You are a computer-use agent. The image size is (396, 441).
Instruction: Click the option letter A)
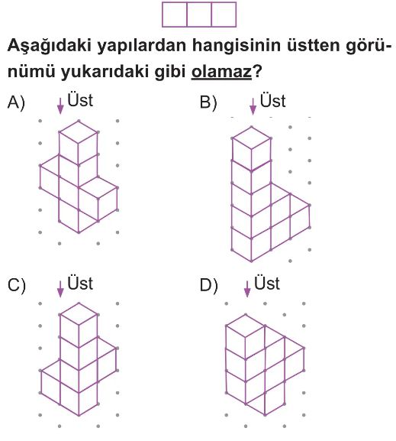click(16, 102)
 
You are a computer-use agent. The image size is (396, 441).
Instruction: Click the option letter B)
click(208, 102)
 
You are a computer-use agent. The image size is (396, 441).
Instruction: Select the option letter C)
click(16, 285)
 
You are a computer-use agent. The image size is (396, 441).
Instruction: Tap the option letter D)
click(208, 285)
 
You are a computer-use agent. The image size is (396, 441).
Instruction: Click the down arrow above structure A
click(60, 106)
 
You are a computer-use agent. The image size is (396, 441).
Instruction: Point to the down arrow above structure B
click(253, 106)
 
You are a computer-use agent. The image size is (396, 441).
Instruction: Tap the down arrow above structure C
click(60, 289)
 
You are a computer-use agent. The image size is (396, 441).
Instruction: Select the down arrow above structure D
click(247, 289)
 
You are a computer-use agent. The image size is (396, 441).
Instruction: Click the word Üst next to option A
click(80, 99)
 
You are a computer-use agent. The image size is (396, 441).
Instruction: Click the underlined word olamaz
click(221, 71)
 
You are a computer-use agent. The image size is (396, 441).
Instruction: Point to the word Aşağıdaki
click(50, 46)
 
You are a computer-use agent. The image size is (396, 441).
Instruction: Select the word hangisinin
click(237, 46)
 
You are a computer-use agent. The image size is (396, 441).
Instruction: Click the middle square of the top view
click(199, 15)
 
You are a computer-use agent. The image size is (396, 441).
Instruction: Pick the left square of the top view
click(175, 15)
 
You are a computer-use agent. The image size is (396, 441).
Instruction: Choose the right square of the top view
click(224, 15)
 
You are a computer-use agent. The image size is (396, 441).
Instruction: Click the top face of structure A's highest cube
click(79, 131)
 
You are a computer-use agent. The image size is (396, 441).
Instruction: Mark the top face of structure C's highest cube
click(79, 314)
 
